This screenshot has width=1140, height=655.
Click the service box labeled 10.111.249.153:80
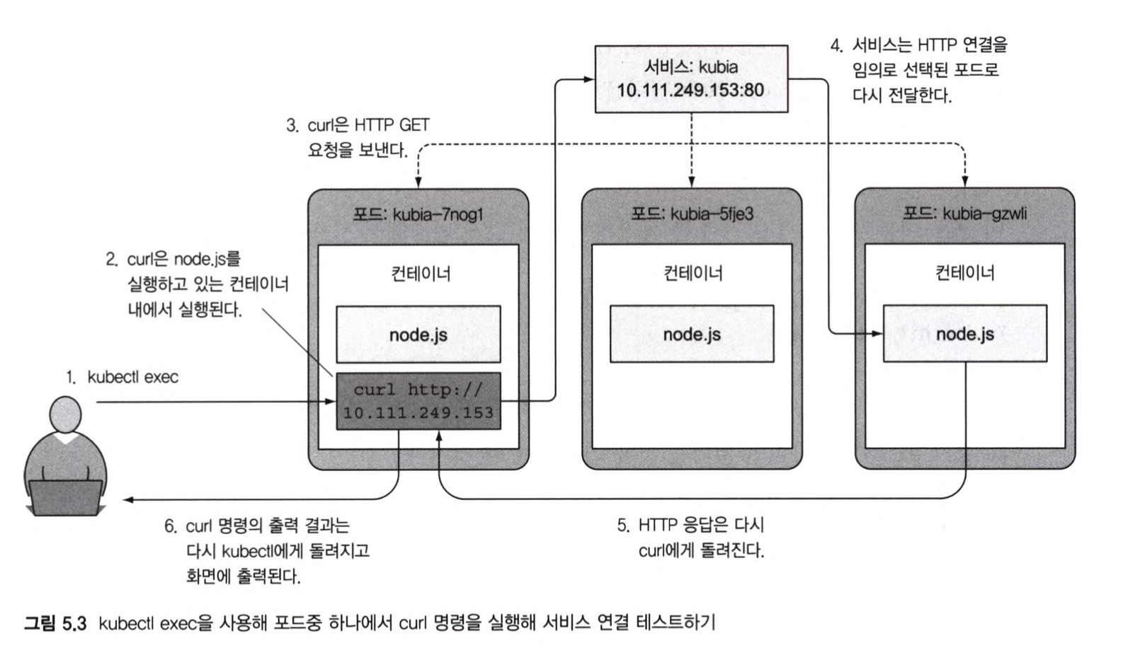(x=690, y=79)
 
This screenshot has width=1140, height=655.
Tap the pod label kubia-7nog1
(x=418, y=214)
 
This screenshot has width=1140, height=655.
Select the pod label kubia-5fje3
(x=692, y=214)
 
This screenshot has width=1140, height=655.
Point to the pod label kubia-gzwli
(x=964, y=214)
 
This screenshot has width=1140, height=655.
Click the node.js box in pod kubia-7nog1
(x=418, y=335)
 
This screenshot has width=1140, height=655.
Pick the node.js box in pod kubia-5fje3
(x=692, y=334)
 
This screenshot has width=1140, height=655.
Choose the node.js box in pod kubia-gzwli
(x=964, y=334)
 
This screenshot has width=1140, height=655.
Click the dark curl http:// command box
(x=418, y=401)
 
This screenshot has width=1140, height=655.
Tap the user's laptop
(x=65, y=497)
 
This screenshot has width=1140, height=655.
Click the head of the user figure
(x=65, y=415)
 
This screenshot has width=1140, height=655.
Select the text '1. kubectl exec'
(x=122, y=377)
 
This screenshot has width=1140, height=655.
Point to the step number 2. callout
(x=111, y=260)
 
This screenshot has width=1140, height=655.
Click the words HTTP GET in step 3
(x=392, y=125)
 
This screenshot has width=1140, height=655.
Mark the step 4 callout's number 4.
(x=836, y=46)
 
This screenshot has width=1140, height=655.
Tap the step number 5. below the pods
(x=622, y=526)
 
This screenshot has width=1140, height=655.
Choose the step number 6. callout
(x=170, y=526)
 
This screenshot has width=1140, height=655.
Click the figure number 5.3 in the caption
(x=74, y=623)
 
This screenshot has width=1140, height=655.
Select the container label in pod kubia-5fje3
(x=692, y=273)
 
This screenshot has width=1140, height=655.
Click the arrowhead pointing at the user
(x=128, y=500)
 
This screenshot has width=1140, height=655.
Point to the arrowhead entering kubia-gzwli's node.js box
(x=877, y=333)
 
